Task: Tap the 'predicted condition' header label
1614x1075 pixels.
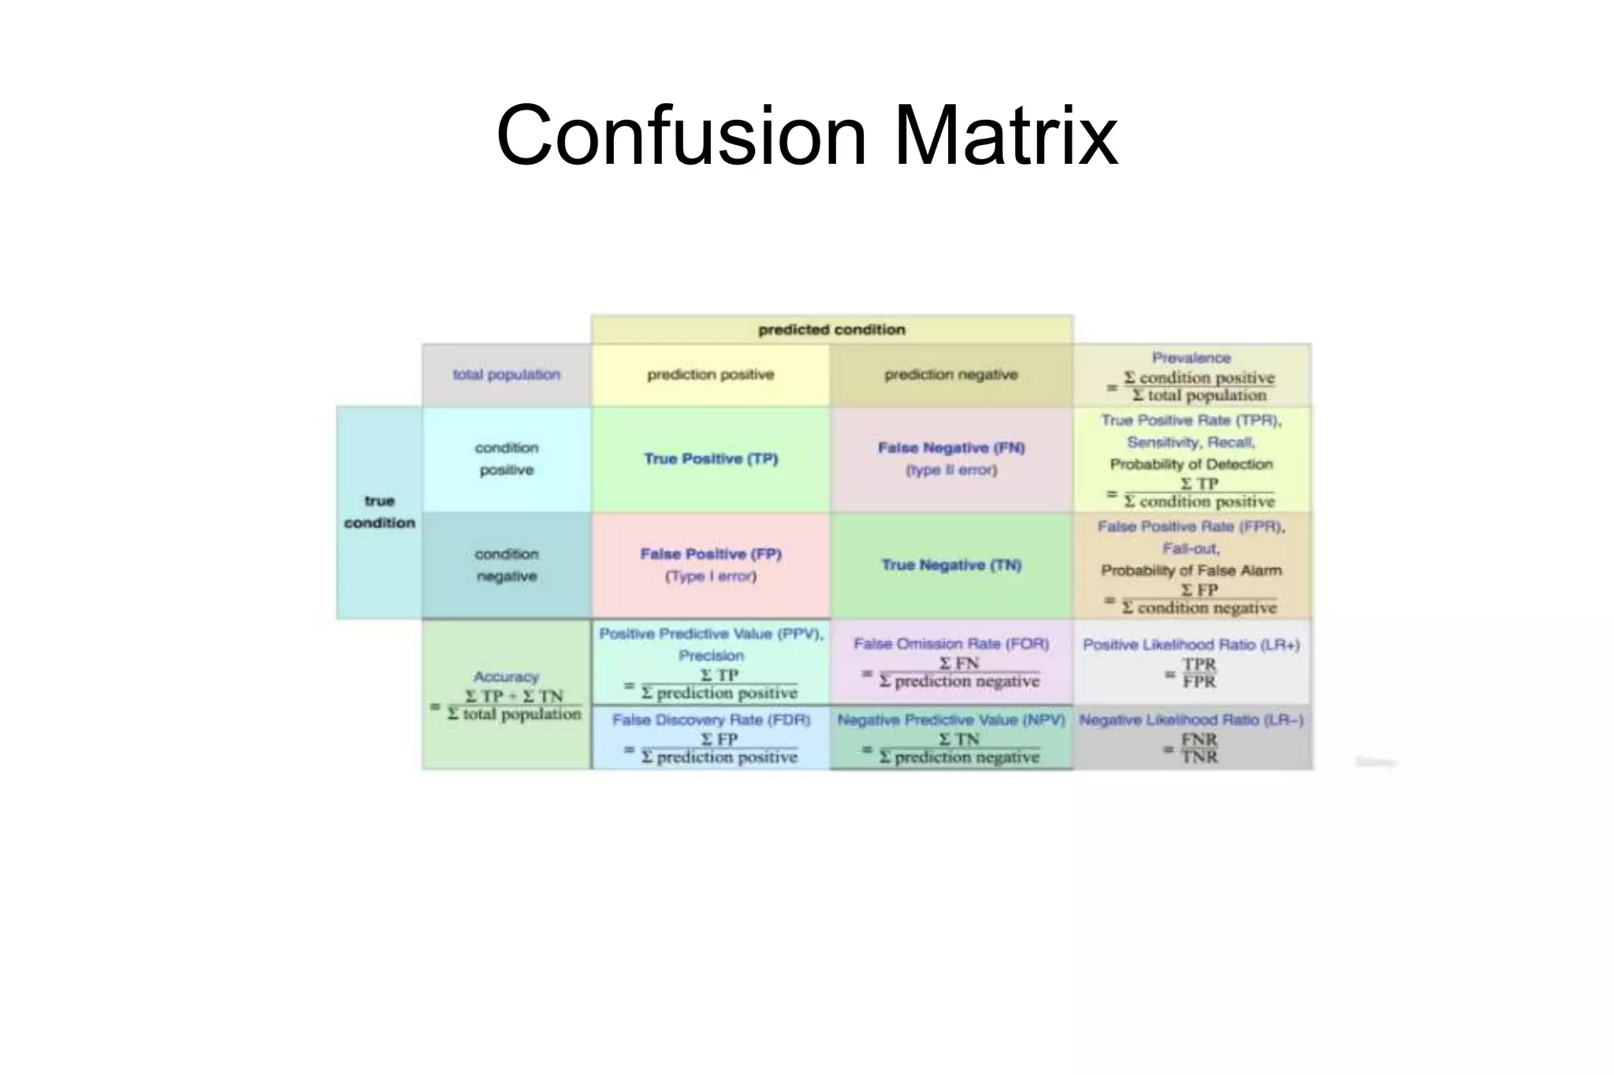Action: tap(831, 329)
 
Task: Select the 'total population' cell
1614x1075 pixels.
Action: tap(506, 374)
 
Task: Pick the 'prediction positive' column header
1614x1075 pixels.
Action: tap(710, 374)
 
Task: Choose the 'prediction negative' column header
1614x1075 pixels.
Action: tap(950, 374)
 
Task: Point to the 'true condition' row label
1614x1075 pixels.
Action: tap(379, 511)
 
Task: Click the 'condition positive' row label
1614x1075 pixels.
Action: tap(506, 459)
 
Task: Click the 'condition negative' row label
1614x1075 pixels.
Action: tap(506, 565)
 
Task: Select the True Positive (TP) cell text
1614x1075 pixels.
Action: tap(710, 459)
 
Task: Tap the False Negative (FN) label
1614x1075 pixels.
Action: tap(951, 448)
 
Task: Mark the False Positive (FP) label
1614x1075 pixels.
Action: tap(710, 554)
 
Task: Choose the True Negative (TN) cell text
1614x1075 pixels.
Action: tap(951, 565)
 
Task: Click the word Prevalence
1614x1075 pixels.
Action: tap(1191, 358)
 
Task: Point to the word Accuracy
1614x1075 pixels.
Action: tap(506, 677)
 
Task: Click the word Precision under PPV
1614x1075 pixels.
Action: tap(711, 656)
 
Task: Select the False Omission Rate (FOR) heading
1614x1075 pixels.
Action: tap(951, 644)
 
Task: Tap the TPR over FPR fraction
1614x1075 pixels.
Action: tap(1199, 674)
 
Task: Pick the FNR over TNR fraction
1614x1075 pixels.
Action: tap(1199, 749)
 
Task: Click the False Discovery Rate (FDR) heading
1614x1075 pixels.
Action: tap(711, 720)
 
